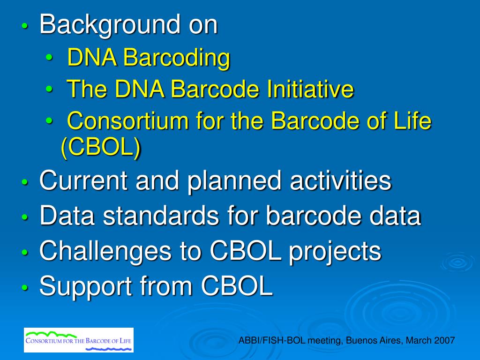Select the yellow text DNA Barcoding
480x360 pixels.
click(149, 57)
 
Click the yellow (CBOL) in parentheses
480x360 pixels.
click(101, 148)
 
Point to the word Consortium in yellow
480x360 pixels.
click(127, 120)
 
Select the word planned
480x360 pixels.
click(234, 181)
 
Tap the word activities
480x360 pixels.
click(340, 180)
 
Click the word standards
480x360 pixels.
click(161, 216)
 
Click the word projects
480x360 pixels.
click(335, 252)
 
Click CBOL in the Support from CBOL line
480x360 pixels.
click(237, 285)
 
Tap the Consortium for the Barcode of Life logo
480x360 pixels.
click(79, 340)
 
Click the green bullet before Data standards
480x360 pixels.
click(25, 217)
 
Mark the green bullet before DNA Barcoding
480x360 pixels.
click(49, 57)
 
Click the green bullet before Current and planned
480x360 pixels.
click(25, 182)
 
